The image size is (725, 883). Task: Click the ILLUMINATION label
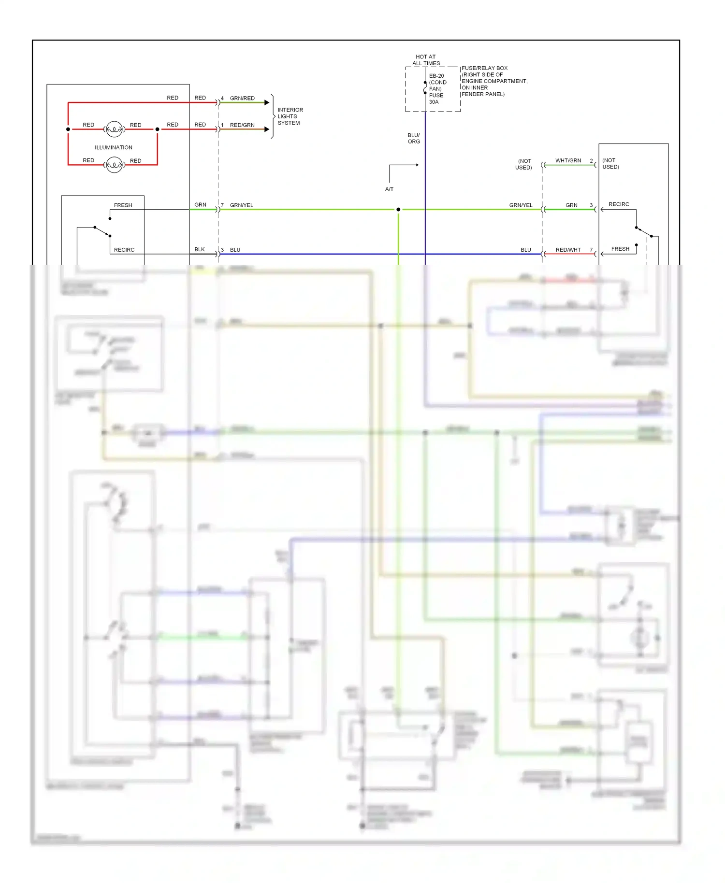(114, 147)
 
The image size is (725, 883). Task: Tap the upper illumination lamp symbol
(114, 129)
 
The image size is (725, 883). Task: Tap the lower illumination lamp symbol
(114, 165)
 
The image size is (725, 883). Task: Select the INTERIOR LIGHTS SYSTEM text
(290, 116)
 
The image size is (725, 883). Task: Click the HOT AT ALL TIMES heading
(426, 60)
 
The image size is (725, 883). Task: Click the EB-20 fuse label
(436, 76)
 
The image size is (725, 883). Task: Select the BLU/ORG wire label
(414, 138)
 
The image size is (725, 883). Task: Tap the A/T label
(389, 189)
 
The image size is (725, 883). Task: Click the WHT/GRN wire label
(568, 160)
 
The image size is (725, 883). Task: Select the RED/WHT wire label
(568, 250)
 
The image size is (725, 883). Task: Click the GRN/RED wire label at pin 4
(242, 98)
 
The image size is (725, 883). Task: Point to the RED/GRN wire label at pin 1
(242, 125)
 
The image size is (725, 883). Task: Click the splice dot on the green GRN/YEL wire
(398, 209)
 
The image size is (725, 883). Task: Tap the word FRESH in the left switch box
(123, 205)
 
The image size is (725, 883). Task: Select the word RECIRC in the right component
(619, 204)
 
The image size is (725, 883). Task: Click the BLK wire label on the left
(200, 249)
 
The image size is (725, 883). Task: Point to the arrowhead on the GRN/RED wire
(267, 102)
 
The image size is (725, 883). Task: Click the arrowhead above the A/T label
(417, 165)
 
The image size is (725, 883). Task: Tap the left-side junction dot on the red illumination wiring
(68, 129)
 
